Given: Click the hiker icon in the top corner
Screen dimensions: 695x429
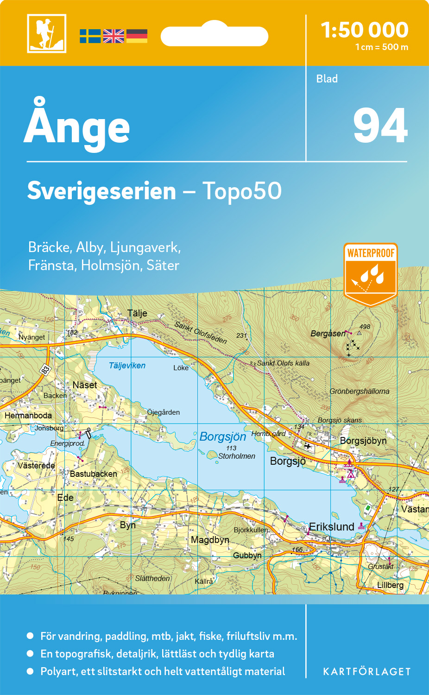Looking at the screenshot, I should (x=46, y=33).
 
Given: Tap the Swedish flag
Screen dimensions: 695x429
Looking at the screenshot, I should (x=90, y=36).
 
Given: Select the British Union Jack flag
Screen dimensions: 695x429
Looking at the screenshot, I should (x=114, y=36).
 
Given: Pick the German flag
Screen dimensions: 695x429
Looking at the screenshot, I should (x=137, y=36).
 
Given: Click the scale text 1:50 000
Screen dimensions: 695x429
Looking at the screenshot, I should (x=365, y=30).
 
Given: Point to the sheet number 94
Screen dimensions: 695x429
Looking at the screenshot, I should (x=380, y=126).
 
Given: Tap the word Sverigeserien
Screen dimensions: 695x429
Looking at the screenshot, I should (x=101, y=191).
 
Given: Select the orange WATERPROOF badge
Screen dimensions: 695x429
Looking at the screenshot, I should (x=371, y=273).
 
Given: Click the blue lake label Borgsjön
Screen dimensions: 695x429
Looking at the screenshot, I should (x=223, y=436).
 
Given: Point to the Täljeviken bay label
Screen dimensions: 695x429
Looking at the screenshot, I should (x=127, y=366).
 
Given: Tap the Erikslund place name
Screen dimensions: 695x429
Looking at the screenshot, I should (x=332, y=527).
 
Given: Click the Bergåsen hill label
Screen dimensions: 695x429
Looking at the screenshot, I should (x=328, y=334).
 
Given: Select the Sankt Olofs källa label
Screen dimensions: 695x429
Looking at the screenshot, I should (x=283, y=363).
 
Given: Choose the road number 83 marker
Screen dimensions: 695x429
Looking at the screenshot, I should (x=45, y=369).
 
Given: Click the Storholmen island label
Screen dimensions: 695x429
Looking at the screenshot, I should (x=237, y=456).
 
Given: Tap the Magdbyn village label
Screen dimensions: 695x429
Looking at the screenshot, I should (x=210, y=540).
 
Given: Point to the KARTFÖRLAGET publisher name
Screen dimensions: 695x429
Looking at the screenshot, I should (x=367, y=672).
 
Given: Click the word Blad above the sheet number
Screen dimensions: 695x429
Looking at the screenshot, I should (x=327, y=79).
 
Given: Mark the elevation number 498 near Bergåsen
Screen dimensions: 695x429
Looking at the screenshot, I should (x=365, y=327).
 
